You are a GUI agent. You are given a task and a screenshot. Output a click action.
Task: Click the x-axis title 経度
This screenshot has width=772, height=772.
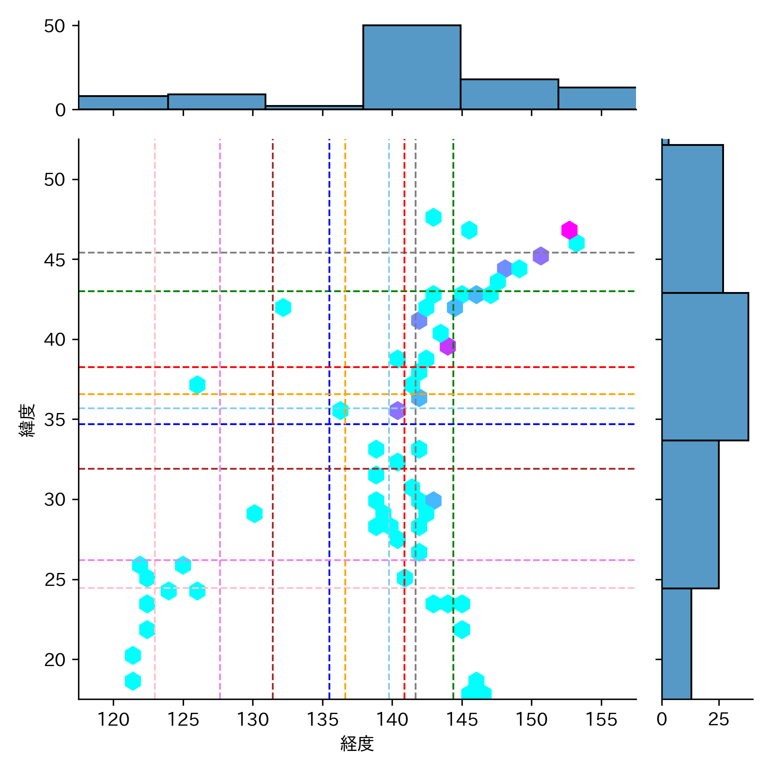pos(357,744)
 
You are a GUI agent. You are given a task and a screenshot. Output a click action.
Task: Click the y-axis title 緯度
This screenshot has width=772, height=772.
pos(27,420)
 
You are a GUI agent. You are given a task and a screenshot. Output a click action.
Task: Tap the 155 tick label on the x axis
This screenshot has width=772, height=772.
pos(601,719)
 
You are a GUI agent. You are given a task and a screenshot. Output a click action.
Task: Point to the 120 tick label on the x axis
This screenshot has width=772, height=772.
pos(113,719)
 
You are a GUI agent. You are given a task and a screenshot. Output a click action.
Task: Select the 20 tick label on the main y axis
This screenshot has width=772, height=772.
pos(54,660)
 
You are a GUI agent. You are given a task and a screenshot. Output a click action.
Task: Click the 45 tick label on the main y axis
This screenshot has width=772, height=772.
pos(54,260)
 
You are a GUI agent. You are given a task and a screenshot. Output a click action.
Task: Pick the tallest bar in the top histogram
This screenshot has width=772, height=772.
pos(412,67)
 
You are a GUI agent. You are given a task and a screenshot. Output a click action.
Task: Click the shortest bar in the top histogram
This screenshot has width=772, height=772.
pos(314,107)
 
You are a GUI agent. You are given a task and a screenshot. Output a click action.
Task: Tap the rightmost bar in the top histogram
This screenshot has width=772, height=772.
pos(597,98)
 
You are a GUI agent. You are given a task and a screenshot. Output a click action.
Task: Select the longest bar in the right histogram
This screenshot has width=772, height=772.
pos(705,367)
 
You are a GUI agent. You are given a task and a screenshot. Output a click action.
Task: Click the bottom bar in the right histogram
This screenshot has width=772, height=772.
pos(676,643)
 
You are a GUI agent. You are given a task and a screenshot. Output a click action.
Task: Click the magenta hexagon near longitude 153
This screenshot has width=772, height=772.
pos(569,230)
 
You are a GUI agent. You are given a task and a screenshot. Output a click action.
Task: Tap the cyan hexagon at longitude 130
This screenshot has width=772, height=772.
pos(254,513)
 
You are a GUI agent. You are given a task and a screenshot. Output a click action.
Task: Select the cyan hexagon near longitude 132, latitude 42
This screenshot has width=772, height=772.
pos(283,308)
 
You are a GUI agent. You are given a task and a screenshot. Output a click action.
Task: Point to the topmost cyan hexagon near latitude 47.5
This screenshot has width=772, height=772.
pos(433,217)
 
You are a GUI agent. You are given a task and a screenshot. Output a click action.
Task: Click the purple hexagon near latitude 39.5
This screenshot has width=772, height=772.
pos(447,346)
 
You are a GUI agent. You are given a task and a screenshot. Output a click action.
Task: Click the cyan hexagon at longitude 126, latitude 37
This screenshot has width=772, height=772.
pos(197,385)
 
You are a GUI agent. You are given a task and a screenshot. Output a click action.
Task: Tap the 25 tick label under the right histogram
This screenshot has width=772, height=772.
pos(718,719)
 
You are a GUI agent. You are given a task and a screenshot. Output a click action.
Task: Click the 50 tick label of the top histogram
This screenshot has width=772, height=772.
pos(54,26)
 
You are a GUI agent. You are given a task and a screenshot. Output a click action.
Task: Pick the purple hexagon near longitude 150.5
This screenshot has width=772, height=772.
pos(540,256)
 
